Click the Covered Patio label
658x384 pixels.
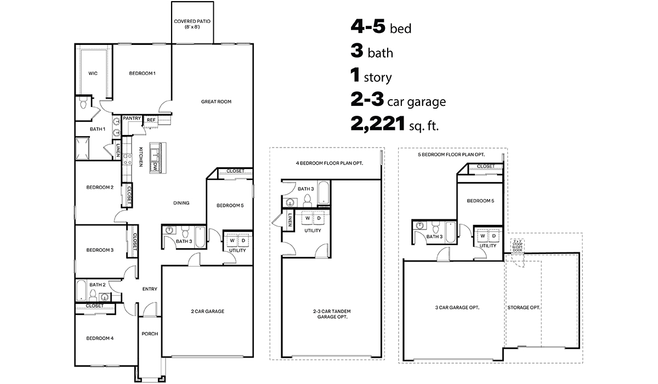(192, 24)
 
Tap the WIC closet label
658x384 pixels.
(93, 74)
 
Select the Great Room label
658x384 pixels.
(216, 101)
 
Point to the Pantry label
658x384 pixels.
(132, 118)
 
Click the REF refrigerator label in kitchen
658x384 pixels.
(151, 120)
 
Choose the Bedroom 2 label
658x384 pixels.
(100, 187)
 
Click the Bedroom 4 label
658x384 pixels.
(100, 338)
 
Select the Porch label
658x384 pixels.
(149, 334)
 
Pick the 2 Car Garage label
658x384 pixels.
(207, 312)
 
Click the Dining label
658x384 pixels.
(181, 203)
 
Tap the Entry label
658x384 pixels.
(150, 289)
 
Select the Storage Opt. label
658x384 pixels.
(524, 308)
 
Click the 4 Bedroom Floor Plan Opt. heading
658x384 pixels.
(330, 163)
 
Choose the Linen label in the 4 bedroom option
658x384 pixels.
(290, 219)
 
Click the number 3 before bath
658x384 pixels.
(357, 52)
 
